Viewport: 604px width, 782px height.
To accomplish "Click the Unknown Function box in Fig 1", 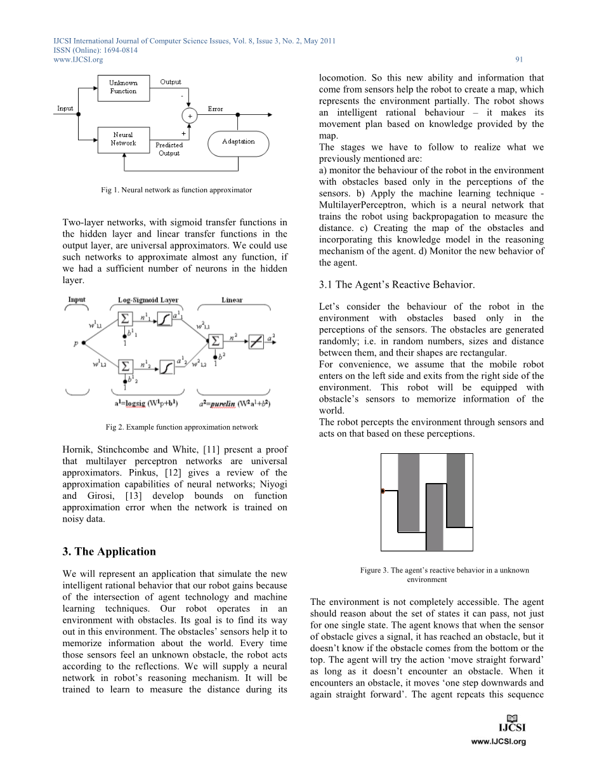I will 123,87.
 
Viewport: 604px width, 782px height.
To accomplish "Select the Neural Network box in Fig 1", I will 123,139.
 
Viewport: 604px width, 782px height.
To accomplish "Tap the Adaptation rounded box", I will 238,142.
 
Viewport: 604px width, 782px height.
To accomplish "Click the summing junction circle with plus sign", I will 189,116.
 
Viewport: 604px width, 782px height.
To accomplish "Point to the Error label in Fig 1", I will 215,109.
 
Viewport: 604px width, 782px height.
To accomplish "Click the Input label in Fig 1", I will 65,108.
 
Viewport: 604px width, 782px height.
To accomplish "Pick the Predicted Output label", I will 169,149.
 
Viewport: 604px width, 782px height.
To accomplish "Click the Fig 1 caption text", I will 176,190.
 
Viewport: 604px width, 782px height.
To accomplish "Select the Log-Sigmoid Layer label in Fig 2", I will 148,300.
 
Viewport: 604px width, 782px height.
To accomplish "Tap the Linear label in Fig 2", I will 232,300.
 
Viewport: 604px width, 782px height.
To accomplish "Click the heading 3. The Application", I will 109,551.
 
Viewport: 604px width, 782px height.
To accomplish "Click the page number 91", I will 519,60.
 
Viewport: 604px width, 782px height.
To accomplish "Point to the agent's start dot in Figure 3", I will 383,491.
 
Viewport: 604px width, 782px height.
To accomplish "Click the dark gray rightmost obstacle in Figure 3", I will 456,491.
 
